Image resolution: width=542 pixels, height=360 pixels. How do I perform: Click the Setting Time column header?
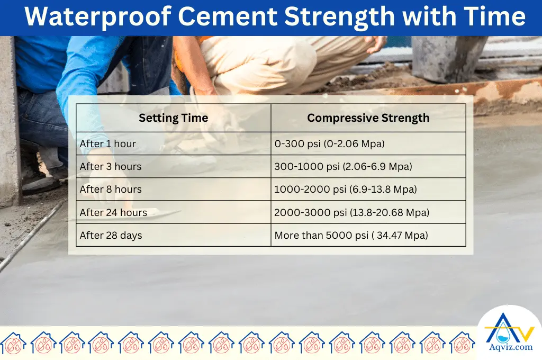pyautogui.click(x=173, y=118)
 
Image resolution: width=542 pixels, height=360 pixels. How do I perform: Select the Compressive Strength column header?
pyautogui.click(x=368, y=118)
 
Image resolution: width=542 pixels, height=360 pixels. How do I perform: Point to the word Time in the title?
pyautogui.click(x=494, y=17)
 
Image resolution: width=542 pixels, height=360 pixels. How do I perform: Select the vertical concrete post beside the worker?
pyautogui.click(x=9, y=122)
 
